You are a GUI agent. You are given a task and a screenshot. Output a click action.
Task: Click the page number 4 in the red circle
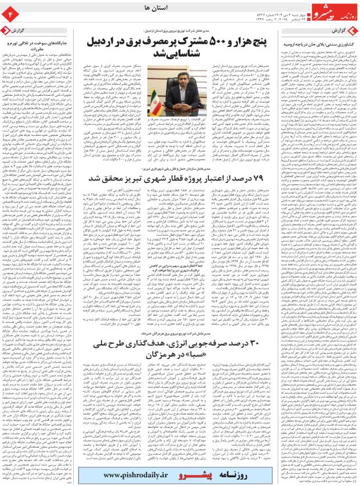(x=10, y=11)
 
